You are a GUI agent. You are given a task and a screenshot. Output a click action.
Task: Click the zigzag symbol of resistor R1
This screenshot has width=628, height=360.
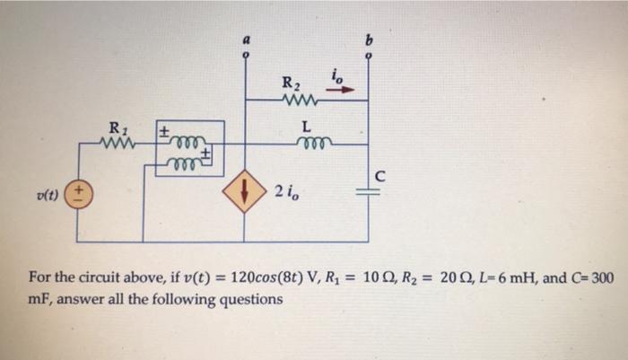click(118, 143)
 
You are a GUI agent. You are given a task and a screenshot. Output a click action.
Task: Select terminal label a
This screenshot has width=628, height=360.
click(246, 40)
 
